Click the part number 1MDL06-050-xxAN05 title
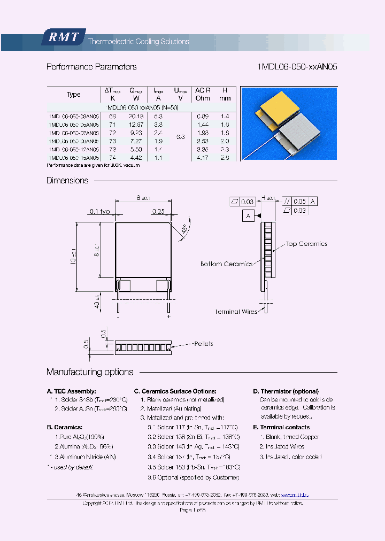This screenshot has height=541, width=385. pyautogui.click(x=297, y=67)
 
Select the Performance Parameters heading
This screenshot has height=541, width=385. pyautogui.click(x=91, y=67)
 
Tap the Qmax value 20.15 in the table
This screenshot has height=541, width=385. pyautogui.click(x=137, y=116)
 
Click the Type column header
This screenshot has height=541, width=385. pyautogui.click(x=73, y=95)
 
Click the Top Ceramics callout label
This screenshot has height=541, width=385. pyautogui.click(x=306, y=244)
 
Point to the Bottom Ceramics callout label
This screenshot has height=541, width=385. pyautogui.click(x=226, y=264)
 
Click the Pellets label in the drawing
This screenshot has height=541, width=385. pyautogui.click(x=203, y=344)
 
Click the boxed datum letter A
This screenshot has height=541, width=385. pyautogui.click(x=248, y=217)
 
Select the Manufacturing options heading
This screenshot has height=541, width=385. pyautogui.click(x=90, y=372)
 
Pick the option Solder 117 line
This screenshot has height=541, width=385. pyautogui.click(x=192, y=428)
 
